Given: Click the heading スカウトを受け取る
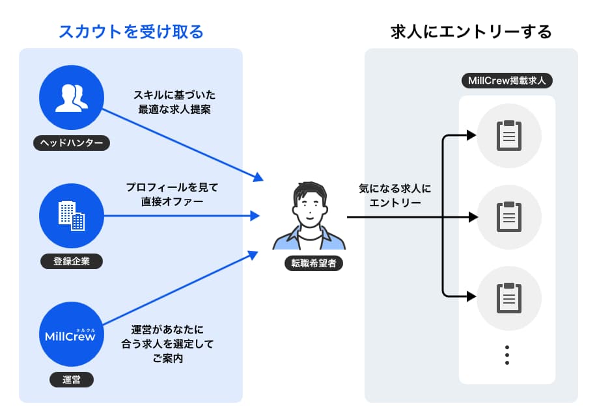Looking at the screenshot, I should (131, 31).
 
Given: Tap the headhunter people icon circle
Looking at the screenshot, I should (72, 98).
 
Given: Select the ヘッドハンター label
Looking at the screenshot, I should (72, 143).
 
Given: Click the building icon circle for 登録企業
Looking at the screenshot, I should (72, 215).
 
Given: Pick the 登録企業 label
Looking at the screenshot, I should (72, 261).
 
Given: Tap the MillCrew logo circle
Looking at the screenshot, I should (72, 334).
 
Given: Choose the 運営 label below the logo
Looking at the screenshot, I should (72, 380).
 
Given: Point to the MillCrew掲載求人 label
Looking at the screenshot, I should (507, 81).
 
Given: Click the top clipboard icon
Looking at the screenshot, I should (509, 136).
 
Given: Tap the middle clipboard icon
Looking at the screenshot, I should (509, 216).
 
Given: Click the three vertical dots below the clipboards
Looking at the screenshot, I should (507, 355).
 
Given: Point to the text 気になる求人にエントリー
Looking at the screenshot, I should (395, 195).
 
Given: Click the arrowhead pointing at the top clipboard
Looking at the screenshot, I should (471, 136).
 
